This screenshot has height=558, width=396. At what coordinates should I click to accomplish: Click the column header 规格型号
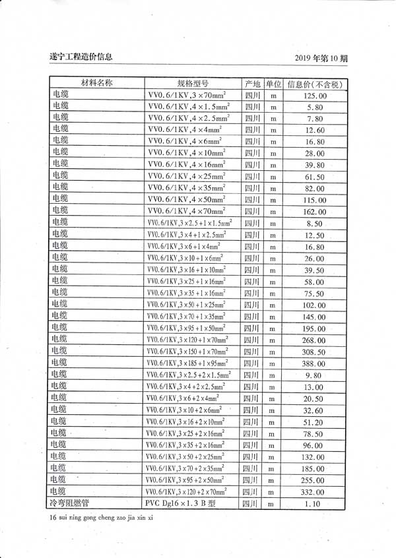(x=193, y=84)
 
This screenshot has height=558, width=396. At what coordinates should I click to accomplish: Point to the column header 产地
(x=252, y=84)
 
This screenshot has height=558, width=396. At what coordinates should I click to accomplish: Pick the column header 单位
(x=274, y=84)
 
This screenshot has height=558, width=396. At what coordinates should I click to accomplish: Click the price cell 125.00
(x=315, y=96)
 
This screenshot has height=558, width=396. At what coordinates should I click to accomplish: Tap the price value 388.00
(x=315, y=363)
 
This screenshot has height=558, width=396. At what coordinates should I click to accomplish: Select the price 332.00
(x=315, y=492)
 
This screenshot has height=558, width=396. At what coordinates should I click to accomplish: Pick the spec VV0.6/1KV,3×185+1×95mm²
(x=189, y=363)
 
